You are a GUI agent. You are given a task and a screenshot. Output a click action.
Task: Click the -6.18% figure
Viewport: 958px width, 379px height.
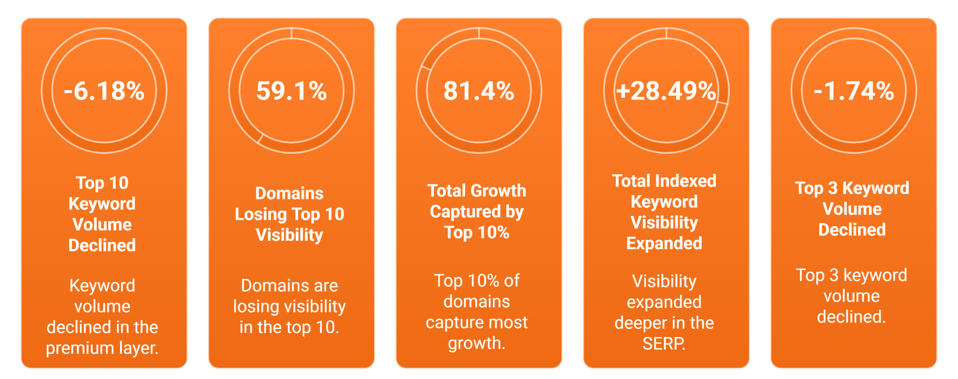tap(104, 91)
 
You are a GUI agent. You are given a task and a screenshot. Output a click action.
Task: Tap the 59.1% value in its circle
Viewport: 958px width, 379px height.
tap(291, 91)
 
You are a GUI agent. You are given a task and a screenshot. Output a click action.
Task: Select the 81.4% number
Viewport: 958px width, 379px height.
tap(479, 91)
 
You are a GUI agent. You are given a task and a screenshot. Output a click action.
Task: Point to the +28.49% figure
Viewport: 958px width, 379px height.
tap(666, 91)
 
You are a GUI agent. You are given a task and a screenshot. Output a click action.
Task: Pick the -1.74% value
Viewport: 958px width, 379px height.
tap(854, 91)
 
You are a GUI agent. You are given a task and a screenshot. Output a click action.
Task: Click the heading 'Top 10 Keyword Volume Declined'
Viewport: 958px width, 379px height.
tap(102, 214)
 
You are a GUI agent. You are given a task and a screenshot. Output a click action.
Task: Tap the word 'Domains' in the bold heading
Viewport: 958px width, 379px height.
tap(289, 193)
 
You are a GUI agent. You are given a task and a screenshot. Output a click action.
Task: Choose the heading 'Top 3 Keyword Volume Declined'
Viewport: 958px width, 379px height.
tap(852, 209)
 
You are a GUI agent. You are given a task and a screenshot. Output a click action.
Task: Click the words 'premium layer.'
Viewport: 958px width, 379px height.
tap(102, 348)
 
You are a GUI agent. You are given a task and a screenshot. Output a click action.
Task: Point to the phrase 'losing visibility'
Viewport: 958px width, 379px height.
tap(289, 307)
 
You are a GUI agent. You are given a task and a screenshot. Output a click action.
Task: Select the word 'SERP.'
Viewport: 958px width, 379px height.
tap(664, 343)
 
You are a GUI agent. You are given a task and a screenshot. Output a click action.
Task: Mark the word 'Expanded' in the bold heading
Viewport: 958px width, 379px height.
tap(664, 244)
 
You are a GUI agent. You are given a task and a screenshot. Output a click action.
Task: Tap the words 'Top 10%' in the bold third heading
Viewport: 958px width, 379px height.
tap(477, 233)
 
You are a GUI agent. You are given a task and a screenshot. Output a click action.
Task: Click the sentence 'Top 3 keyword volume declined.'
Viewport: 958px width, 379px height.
tap(852, 296)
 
